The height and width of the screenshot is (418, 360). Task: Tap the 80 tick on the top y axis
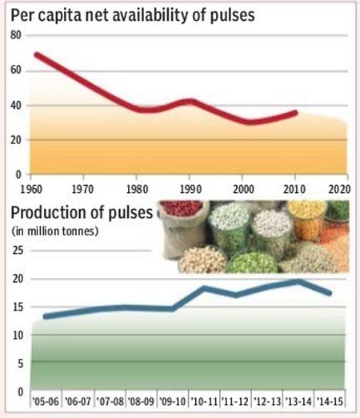[16, 35]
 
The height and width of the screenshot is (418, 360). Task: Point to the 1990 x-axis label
[190, 189]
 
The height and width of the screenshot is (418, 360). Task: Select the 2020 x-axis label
[339, 189]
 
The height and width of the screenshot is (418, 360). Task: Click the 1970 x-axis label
[82, 189]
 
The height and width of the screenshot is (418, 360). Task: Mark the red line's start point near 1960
[37, 54]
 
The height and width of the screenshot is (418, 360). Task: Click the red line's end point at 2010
[295, 113]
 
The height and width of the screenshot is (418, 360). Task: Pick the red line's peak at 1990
[190, 102]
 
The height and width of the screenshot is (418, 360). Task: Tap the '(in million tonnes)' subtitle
[55, 231]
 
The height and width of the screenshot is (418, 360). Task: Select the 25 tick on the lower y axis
[18, 251]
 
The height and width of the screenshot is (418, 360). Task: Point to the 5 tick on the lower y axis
[21, 364]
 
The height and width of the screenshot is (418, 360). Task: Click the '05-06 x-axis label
[46, 401]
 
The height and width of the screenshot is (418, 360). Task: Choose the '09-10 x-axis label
[172, 401]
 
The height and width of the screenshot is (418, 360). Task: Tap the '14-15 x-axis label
[330, 401]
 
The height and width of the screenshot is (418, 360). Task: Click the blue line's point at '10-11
[204, 288]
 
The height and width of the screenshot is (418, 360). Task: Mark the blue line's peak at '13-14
[298, 282]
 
